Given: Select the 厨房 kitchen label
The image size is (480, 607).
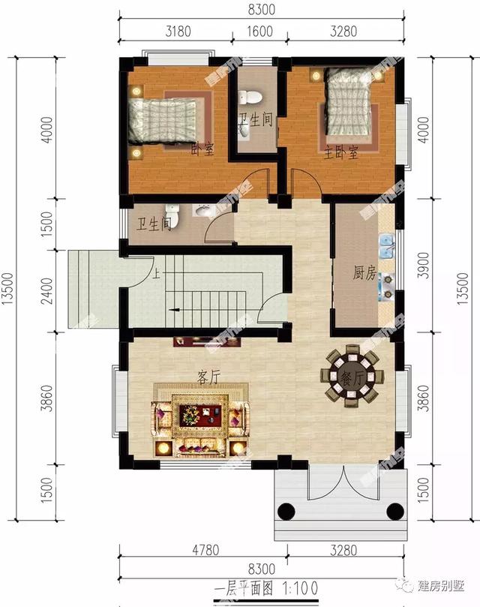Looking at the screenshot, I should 364,274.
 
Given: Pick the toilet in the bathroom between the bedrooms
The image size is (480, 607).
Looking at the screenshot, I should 253,96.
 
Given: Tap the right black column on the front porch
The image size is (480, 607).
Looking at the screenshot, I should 393,512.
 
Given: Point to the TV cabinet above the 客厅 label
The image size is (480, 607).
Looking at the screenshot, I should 207,342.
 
